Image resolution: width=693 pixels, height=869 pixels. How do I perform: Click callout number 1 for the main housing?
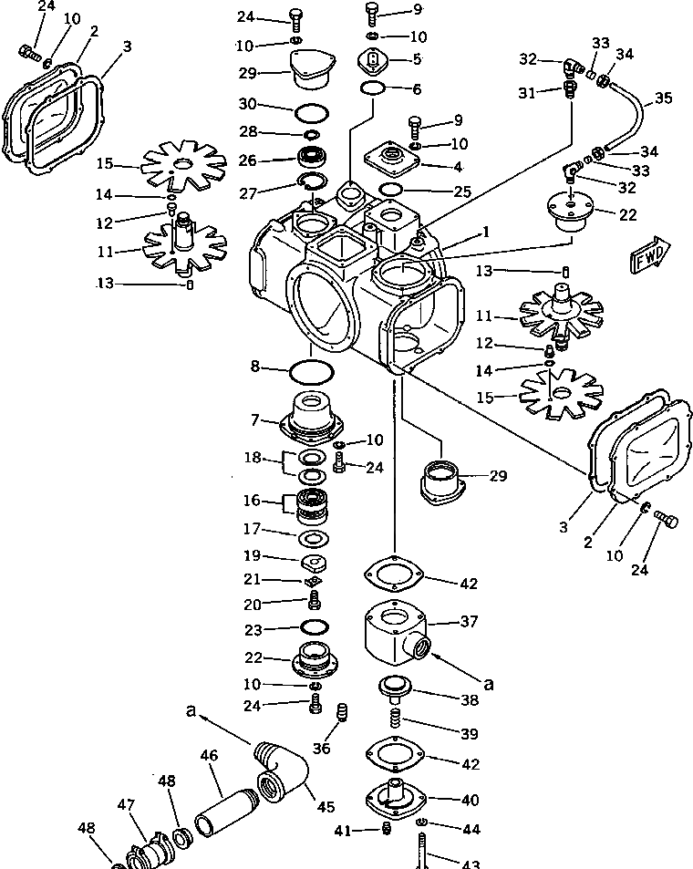[487, 233]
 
